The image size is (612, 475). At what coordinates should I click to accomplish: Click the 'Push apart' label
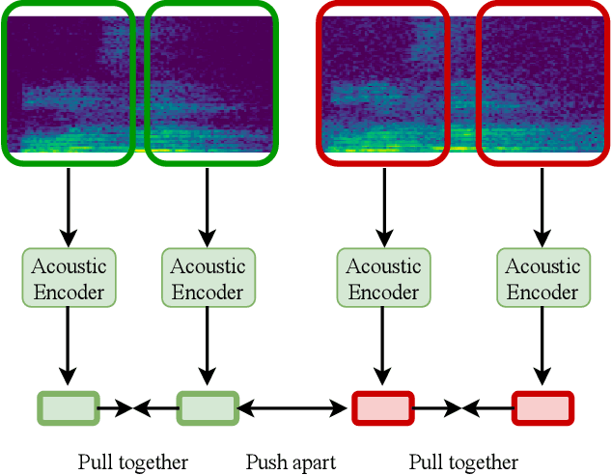pos(291,462)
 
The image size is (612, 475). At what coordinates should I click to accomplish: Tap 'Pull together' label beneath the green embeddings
pos(132,462)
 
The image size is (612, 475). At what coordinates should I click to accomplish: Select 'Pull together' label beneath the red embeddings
pos(463,462)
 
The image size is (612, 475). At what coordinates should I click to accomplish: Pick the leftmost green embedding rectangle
pos(68,408)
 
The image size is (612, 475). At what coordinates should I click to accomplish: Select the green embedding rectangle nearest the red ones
pos(207,408)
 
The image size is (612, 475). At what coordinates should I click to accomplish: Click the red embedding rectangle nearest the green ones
pos(383,408)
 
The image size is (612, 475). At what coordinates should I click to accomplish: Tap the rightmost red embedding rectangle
pos(542,408)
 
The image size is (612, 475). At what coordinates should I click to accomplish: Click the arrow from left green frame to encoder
pos(68,206)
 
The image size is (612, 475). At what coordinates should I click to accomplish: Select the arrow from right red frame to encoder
pos(542,206)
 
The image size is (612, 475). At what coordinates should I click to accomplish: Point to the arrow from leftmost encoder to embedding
pos(68,348)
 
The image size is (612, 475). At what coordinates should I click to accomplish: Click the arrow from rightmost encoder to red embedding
pos(542,348)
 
